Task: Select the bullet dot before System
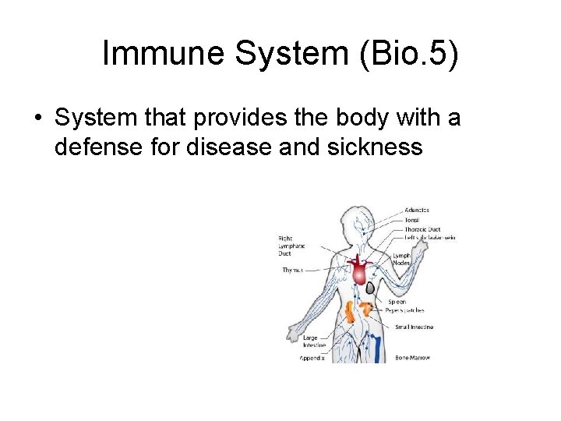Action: click(x=37, y=119)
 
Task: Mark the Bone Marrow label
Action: click(x=413, y=358)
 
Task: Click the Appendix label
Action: click(x=312, y=359)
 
